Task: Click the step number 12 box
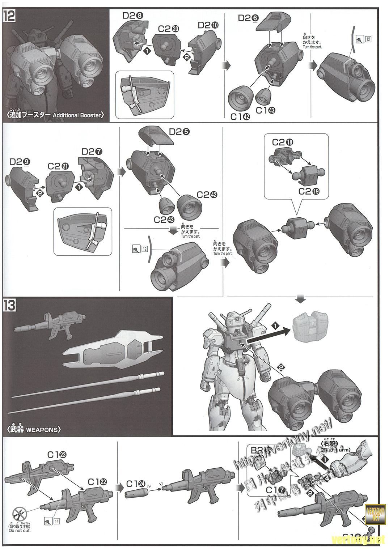[x=9, y=16]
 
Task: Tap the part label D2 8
[x=133, y=15]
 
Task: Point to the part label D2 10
[x=208, y=25]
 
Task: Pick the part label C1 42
[x=240, y=117]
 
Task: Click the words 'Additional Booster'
[x=77, y=115]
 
